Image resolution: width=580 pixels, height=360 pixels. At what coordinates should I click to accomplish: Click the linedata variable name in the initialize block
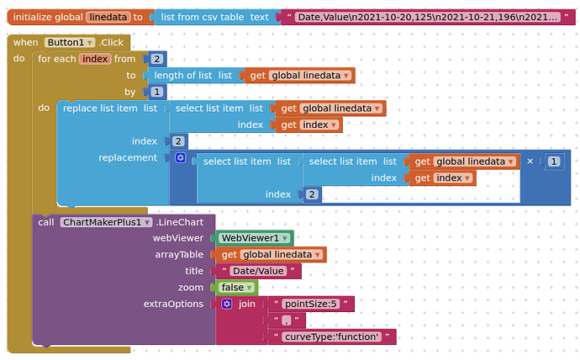(108, 17)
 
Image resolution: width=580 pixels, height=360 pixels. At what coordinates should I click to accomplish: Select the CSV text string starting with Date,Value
(427, 17)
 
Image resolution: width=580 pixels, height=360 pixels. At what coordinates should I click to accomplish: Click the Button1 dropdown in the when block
(70, 42)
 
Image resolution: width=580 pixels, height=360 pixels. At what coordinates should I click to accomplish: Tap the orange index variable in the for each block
(95, 59)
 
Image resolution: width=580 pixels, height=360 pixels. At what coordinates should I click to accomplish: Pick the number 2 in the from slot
(157, 59)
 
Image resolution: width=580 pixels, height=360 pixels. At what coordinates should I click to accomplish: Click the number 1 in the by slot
(157, 92)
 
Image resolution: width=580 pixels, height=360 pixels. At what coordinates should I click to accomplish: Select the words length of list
(182, 76)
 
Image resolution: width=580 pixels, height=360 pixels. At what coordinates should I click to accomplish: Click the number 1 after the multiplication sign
(554, 161)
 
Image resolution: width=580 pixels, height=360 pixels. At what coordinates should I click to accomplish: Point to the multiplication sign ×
(530, 161)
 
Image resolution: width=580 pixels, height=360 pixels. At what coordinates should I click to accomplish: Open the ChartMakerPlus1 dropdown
(106, 222)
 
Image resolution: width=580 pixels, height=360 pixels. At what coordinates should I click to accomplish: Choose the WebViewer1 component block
(255, 238)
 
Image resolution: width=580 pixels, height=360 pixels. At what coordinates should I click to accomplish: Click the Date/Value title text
(258, 271)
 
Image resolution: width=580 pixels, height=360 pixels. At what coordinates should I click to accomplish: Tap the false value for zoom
(236, 288)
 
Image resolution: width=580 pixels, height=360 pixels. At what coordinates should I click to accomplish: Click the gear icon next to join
(227, 304)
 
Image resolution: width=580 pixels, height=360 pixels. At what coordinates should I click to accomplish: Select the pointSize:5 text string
(311, 304)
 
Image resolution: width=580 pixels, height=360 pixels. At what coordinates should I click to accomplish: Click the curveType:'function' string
(332, 336)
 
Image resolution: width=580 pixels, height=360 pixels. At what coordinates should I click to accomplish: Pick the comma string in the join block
(287, 320)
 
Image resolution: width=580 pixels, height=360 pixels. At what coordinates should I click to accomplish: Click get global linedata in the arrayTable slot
(271, 255)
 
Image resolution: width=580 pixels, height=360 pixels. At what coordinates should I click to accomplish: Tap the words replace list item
(100, 108)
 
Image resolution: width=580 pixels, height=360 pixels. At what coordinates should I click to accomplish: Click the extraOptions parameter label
(173, 304)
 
